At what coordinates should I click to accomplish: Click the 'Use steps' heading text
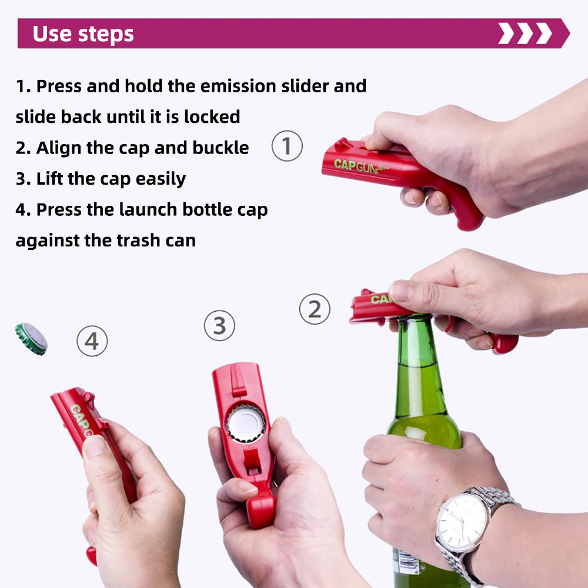point(83,34)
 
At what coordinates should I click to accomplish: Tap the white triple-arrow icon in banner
point(525,34)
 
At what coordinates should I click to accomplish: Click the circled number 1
point(287,146)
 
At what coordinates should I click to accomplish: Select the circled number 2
point(315,309)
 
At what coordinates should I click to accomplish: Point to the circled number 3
point(219,325)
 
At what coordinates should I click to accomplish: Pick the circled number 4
point(92,341)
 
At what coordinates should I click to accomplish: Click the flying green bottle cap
point(31,339)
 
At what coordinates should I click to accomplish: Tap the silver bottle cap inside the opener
point(246,422)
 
